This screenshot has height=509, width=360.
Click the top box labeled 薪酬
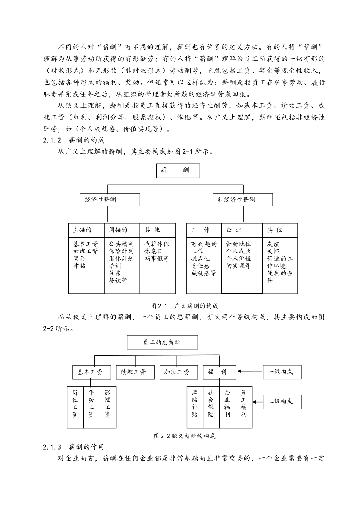pos(178,170)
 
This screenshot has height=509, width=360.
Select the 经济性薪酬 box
pos(110,200)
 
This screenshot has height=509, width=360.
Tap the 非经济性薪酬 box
pos(243,200)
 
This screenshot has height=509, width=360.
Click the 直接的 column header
pos(86,230)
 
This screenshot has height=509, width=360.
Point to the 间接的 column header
pos(122,230)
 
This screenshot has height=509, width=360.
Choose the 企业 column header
pos(242,230)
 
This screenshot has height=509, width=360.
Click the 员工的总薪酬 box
pos(162,342)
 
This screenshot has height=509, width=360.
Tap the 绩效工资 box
pos(135,372)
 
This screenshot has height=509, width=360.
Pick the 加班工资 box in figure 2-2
pos(179,372)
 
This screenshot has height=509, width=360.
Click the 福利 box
pos(219,372)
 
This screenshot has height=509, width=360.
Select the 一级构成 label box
pos(282,372)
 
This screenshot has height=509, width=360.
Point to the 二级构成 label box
pos(282,401)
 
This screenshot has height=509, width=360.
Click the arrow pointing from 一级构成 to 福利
pos(250,372)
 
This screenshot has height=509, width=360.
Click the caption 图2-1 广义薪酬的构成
pos(185,306)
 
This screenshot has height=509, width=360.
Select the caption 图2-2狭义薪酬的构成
pos(185,436)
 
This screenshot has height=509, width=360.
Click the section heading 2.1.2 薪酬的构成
pos(74,140)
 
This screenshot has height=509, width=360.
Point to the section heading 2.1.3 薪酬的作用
pos(74,447)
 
